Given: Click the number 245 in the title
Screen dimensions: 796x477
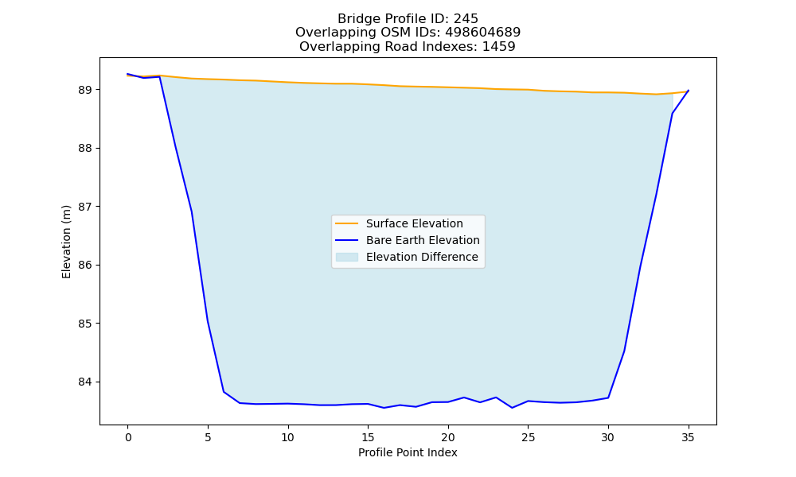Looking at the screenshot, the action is (466, 19).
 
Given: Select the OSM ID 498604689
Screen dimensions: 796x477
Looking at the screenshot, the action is (483, 33).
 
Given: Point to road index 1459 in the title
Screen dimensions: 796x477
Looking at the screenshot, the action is (498, 47).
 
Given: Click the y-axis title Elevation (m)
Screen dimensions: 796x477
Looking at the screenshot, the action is (66, 242).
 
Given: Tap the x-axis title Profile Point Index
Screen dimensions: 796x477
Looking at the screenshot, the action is (408, 452).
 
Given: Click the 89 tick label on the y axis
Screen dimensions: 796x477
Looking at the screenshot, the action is (85, 90).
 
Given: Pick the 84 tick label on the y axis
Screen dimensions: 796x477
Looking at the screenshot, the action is (85, 382).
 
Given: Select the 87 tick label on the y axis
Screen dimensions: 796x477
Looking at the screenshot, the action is (85, 207).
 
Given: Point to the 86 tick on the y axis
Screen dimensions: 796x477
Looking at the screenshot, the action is (85, 265).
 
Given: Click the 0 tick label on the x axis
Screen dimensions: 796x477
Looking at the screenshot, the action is (128, 437).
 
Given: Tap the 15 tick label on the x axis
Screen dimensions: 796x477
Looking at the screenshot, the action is (368, 437).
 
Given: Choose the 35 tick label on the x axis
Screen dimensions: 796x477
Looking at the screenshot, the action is (688, 437).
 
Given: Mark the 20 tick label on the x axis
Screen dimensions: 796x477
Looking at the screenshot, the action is (447, 437).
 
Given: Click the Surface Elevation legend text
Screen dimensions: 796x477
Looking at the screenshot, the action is (414, 223).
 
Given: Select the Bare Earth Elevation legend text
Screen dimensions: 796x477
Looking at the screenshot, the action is (423, 240).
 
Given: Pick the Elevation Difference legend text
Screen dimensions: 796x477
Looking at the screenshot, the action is (422, 257).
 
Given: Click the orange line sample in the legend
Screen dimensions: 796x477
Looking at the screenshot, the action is (347, 223).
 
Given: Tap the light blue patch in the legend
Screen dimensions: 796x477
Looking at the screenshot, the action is (347, 257).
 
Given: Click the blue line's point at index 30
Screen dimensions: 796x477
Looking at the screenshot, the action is (608, 398).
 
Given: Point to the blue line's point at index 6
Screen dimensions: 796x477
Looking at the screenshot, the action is (224, 392).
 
